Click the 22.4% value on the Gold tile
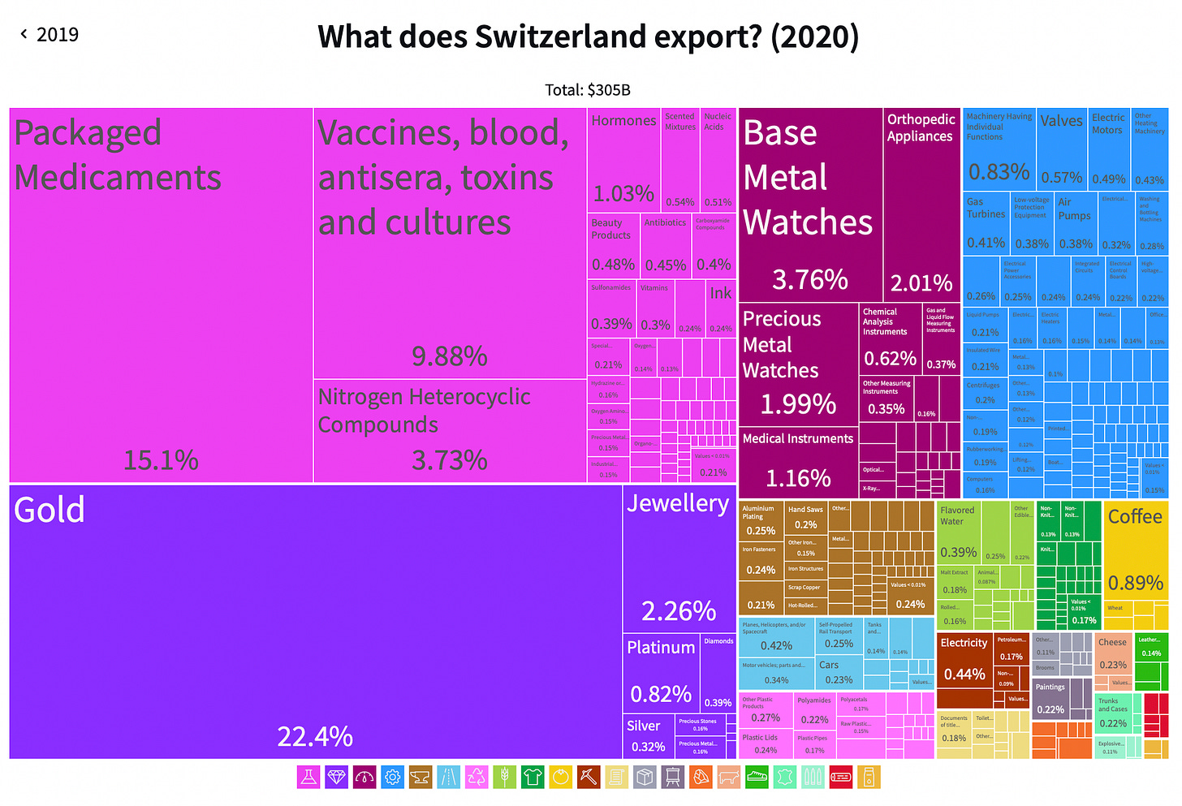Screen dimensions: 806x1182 [315, 736]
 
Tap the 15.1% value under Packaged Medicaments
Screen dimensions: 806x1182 [161, 460]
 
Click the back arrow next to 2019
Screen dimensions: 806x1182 [24, 34]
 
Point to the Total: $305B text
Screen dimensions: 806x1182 [588, 90]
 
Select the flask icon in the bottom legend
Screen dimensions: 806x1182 [308, 777]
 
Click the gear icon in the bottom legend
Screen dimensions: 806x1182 [392, 777]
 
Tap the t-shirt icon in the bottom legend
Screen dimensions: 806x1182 [533, 777]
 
